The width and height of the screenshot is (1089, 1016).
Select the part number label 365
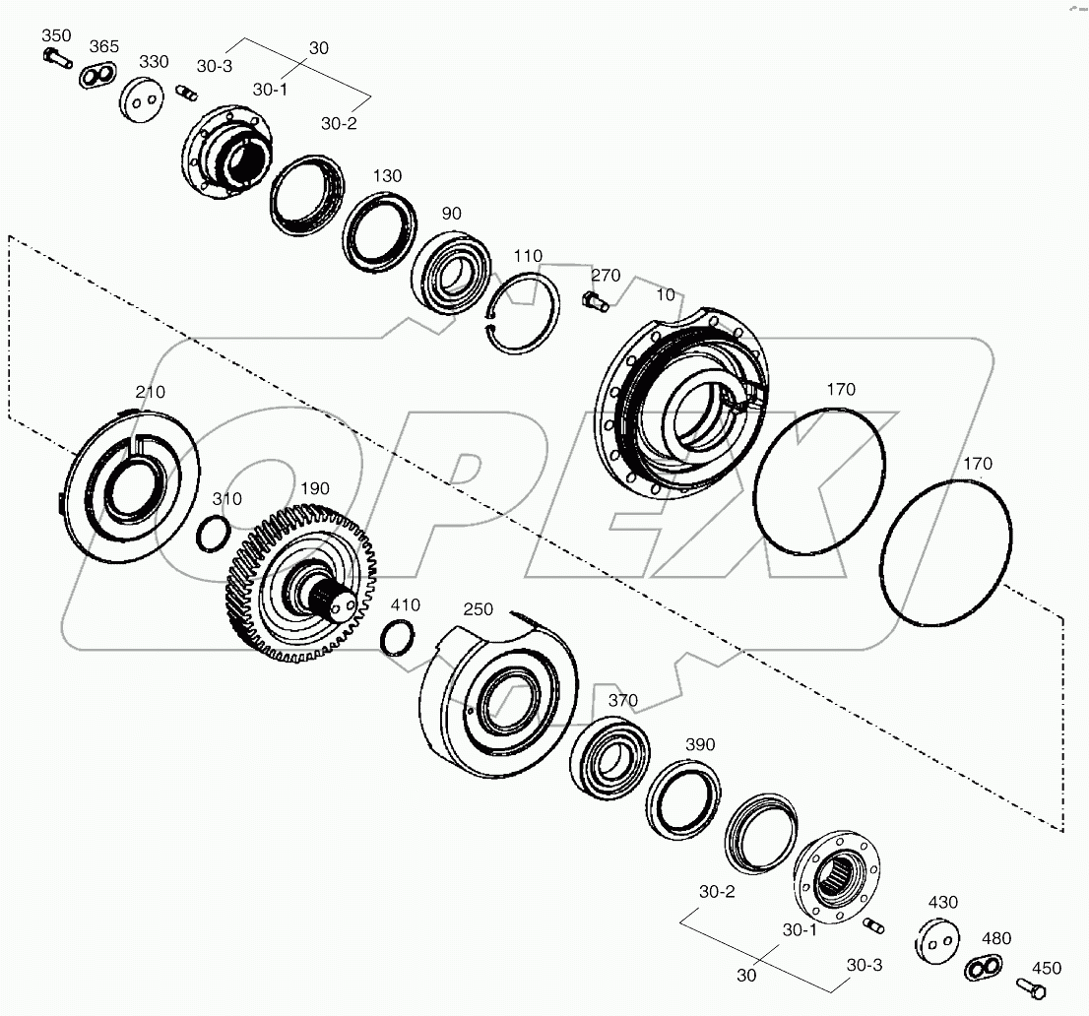[104, 47]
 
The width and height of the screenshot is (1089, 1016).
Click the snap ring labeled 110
[526, 311]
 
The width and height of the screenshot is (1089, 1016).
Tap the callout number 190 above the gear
[315, 488]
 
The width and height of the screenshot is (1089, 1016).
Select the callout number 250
[478, 609]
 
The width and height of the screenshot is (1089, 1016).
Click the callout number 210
[150, 392]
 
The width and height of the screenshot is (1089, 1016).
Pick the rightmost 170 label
[978, 463]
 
